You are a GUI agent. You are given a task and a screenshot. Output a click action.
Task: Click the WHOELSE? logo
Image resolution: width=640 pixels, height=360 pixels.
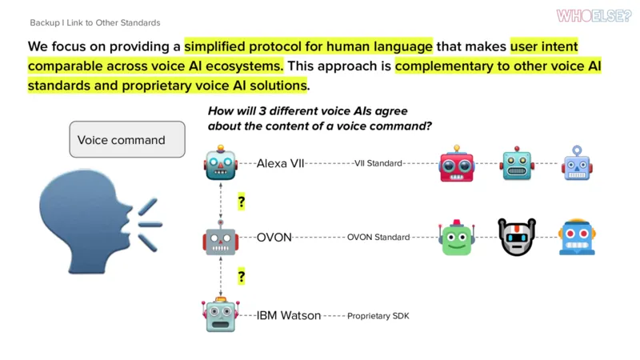594,16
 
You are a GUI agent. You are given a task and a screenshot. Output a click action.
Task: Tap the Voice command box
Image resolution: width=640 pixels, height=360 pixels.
127,139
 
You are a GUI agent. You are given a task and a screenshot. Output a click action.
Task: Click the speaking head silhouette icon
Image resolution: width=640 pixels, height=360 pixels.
101,222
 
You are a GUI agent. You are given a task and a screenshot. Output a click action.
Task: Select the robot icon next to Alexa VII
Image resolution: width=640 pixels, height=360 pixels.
221,162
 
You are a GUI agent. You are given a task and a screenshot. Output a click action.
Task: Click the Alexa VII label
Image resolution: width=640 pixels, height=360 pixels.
281,163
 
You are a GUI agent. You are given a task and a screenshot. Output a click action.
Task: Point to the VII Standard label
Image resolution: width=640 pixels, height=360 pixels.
378,163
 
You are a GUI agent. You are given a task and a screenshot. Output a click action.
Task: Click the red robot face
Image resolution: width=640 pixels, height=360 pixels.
457,163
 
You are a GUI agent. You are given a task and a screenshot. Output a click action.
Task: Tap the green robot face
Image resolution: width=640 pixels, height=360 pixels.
457,237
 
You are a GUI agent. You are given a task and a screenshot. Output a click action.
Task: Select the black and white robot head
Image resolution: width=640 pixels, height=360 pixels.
517,237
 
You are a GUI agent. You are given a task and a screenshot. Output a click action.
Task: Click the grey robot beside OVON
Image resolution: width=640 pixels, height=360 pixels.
221,238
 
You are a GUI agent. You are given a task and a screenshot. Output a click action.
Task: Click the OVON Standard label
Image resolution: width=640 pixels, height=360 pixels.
378,237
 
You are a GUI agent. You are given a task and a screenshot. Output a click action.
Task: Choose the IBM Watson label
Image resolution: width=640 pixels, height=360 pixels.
289,315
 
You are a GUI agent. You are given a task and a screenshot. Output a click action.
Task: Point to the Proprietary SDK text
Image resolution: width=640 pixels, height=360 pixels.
378,316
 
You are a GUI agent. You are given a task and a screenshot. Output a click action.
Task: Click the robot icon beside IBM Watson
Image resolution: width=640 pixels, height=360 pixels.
221,314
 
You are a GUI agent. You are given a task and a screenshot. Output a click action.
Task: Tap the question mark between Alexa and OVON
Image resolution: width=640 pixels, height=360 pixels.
242,202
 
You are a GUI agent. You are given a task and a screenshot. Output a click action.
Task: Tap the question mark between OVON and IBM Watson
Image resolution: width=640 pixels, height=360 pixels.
242,277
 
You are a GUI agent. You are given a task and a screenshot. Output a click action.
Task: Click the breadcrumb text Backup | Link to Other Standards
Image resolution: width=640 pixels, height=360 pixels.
95,23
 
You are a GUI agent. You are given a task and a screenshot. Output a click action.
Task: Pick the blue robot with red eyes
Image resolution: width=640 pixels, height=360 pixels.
577,237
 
